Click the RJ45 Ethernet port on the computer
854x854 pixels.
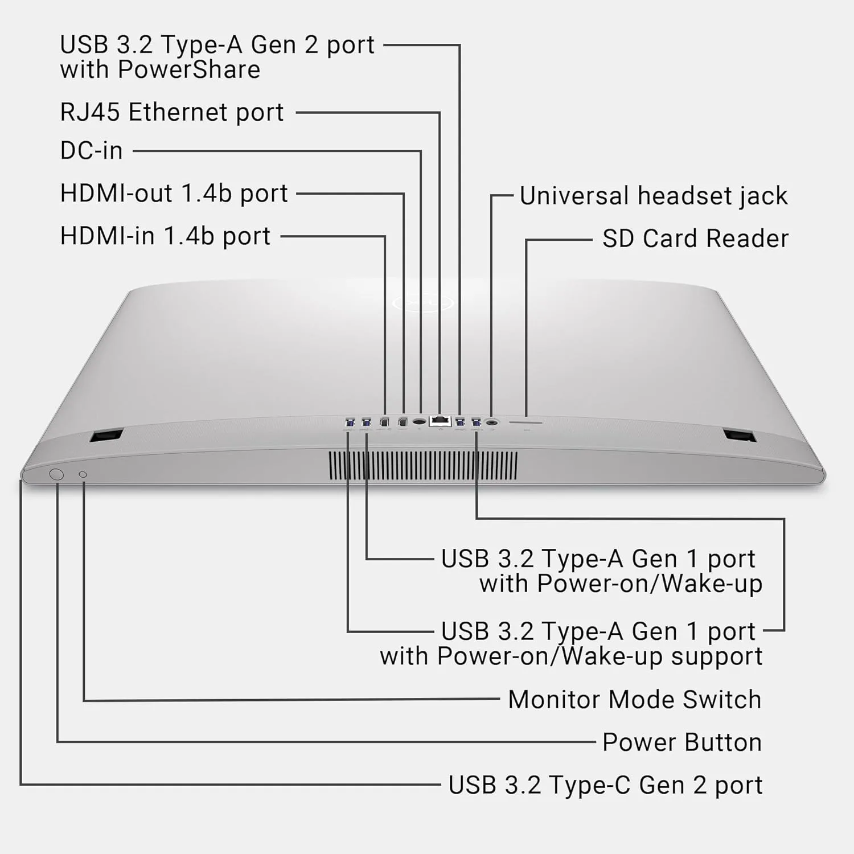click(440, 421)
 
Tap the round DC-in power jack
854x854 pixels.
click(420, 422)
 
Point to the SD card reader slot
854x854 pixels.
click(525, 422)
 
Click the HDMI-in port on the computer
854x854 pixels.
click(384, 422)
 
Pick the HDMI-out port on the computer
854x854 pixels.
click(403, 422)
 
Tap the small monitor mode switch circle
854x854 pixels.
click(83, 474)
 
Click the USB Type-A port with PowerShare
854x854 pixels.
click(460, 422)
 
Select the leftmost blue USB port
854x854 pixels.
click(350, 422)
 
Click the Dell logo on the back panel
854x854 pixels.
click(422, 303)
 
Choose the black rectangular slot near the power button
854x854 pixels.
click(106, 436)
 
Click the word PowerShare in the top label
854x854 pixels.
click(189, 70)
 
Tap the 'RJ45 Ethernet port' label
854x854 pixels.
click(171, 112)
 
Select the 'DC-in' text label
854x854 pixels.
click(91, 151)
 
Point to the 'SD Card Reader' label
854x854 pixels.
click(695, 239)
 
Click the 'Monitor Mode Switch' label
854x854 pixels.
click(634, 700)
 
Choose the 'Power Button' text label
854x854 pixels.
click(681, 742)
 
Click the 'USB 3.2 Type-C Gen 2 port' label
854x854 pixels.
click(605, 785)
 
